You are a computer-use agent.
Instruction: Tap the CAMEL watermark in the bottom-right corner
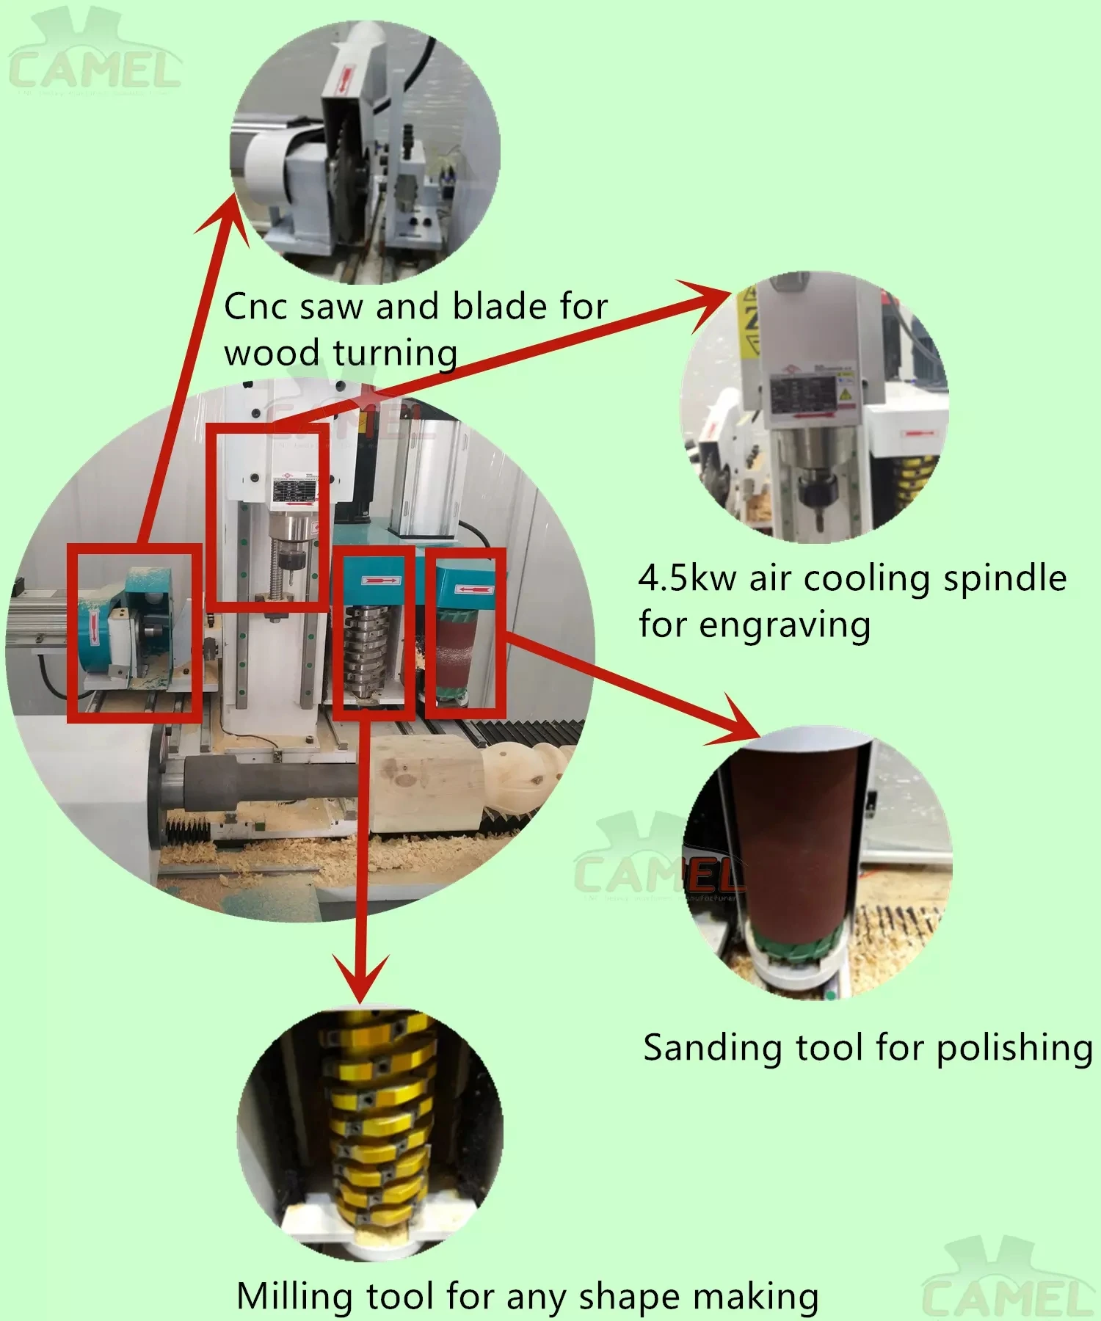1007,1281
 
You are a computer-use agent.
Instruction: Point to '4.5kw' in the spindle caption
686,578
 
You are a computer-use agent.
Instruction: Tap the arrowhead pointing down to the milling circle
360,980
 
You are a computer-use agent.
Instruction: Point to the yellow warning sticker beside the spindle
749,323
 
